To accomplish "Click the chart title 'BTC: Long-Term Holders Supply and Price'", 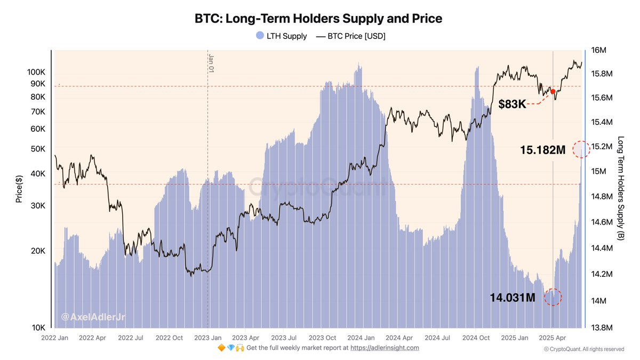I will [x=318, y=19].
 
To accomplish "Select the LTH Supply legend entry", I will [x=281, y=36].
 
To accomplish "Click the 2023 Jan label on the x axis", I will [x=207, y=338].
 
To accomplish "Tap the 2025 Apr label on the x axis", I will [x=553, y=338].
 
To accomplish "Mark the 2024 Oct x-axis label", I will [x=476, y=338].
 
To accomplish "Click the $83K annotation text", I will [x=512, y=105].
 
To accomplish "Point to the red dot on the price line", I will [x=553, y=92].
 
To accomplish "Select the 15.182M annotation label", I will [x=542, y=150].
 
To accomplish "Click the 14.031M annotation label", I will [x=513, y=298].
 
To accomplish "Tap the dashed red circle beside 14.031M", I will [x=553, y=297].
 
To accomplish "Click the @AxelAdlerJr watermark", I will [x=93, y=317].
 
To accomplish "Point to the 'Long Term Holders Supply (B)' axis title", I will [x=620, y=188].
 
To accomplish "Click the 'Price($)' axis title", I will [x=19, y=189].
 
